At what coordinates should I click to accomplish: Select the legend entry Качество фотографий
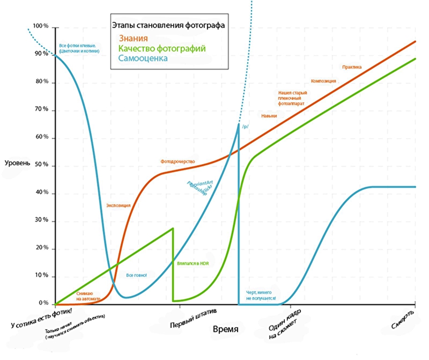pos(161,48)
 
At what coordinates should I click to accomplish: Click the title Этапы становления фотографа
pos(168,25)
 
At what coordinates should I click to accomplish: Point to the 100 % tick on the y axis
pos(41,26)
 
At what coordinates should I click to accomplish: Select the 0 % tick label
pos(43,303)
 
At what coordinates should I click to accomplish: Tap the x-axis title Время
pos(225,328)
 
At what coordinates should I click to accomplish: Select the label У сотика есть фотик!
pos(41,317)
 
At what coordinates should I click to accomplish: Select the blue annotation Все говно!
pos(136,275)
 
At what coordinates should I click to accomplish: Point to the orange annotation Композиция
pos(323,81)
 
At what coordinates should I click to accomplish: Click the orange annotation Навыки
pos(269,116)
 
